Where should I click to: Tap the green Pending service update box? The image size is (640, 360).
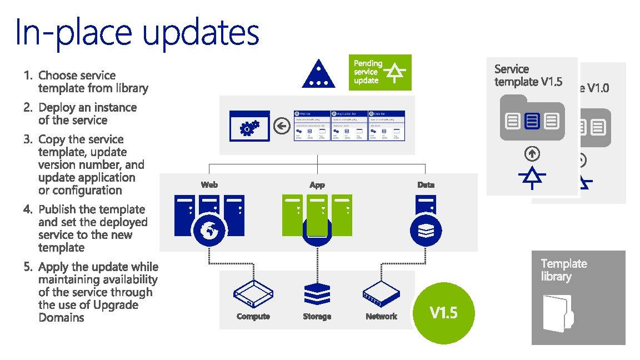point(382,72)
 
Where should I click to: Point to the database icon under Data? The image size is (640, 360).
point(426,230)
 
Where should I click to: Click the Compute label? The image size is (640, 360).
point(253,316)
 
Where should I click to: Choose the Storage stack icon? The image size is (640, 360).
point(317,294)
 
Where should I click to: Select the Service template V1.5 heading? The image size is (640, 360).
point(528,76)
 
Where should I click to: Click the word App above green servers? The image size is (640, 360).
point(317,185)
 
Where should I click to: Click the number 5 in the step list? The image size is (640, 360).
point(27,267)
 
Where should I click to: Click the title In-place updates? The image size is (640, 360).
point(137,33)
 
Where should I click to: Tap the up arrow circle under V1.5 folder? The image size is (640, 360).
point(532,154)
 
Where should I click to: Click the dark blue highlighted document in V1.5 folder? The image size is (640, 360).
point(532,120)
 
